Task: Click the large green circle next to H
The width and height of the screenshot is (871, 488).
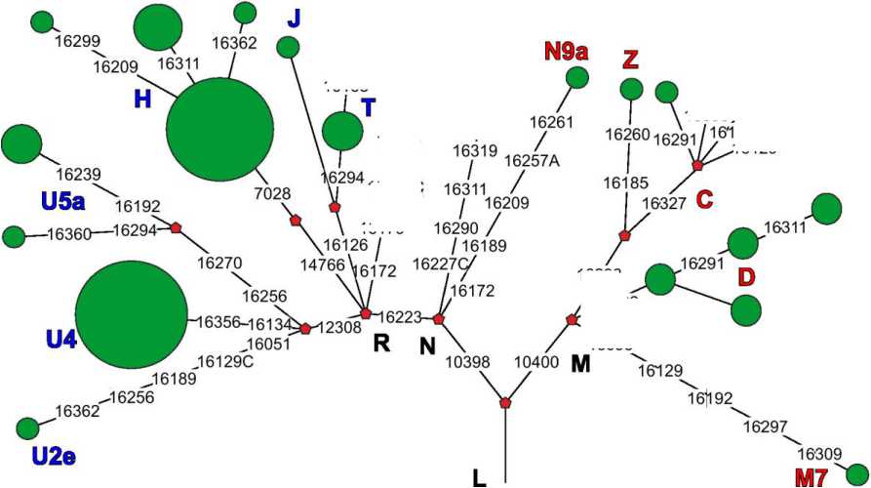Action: click(219, 130)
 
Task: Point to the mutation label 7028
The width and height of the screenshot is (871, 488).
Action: click(273, 193)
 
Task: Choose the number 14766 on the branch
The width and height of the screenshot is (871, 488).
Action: click(323, 264)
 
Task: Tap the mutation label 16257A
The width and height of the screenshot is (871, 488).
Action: click(532, 161)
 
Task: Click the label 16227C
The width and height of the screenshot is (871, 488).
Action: click(440, 264)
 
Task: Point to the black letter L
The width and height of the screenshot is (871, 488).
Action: click(479, 477)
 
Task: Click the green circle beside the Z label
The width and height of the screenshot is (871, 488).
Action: click(631, 89)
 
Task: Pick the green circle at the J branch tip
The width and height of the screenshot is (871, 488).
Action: click(288, 46)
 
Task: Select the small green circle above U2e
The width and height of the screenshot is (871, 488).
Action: click(28, 427)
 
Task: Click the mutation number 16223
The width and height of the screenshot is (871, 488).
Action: click(399, 316)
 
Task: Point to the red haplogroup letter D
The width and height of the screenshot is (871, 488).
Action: click(746, 277)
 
